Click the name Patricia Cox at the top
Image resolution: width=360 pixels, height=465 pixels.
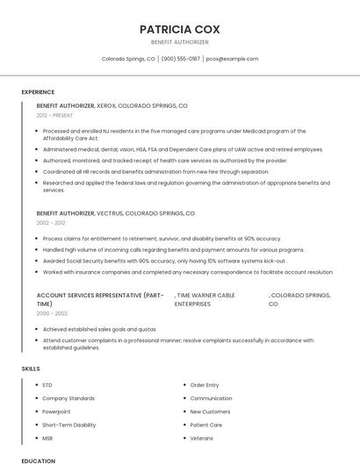pos(179,29)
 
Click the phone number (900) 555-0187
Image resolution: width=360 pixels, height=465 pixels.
pos(181,59)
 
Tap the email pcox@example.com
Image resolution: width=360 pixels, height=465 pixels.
pos(232,59)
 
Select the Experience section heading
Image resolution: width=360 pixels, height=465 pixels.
pos(38,92)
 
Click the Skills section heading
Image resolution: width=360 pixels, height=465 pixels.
pos(31,368)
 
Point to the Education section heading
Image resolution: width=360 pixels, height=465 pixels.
pos(39,460)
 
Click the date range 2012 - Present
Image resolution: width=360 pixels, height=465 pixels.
pos(55,115)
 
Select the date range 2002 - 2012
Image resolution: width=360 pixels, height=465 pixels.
pos(50,223)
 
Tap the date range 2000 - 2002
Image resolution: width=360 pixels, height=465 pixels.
pos(52,313)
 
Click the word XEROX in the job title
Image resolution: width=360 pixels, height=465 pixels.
pos(105,105)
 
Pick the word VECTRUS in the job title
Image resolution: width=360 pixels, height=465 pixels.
pos(108,213)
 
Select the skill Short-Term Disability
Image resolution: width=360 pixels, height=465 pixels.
pos(68,425)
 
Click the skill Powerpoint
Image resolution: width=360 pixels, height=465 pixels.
pos(56,411)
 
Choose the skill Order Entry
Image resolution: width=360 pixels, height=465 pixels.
pos(205,385)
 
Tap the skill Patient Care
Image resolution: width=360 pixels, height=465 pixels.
pos(205,425)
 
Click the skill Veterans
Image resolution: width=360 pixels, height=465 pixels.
pos(201,438)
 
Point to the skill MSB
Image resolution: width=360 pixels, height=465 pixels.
pos(47,438)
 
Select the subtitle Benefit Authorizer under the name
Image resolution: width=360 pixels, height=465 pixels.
pos(179,42)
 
